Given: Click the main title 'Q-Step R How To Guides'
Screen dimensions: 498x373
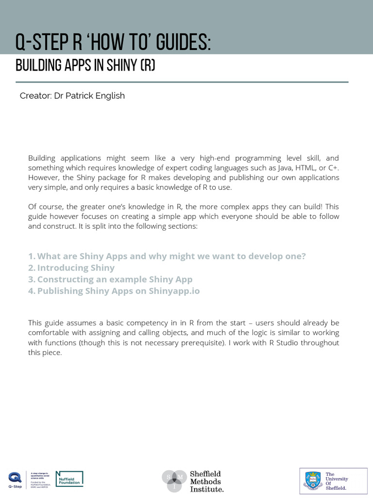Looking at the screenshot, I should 113,43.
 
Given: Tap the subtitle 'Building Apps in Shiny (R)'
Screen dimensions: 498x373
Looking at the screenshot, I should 85,66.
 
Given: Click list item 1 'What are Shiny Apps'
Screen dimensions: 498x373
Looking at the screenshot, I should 167,256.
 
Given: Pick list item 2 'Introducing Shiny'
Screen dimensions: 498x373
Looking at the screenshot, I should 71,267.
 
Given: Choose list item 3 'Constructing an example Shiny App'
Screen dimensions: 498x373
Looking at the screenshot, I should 110,279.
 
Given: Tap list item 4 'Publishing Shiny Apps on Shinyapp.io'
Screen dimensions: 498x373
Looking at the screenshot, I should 114,291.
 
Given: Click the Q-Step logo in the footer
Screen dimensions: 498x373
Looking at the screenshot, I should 15,480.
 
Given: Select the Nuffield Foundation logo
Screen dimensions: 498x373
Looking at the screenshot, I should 69,479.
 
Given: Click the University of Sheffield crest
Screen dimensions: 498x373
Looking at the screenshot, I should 313,480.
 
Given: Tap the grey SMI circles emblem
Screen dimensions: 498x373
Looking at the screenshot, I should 173,480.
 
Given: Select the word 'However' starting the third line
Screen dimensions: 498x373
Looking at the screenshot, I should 43,178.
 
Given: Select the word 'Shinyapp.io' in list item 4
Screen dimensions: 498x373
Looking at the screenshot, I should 176,291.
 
